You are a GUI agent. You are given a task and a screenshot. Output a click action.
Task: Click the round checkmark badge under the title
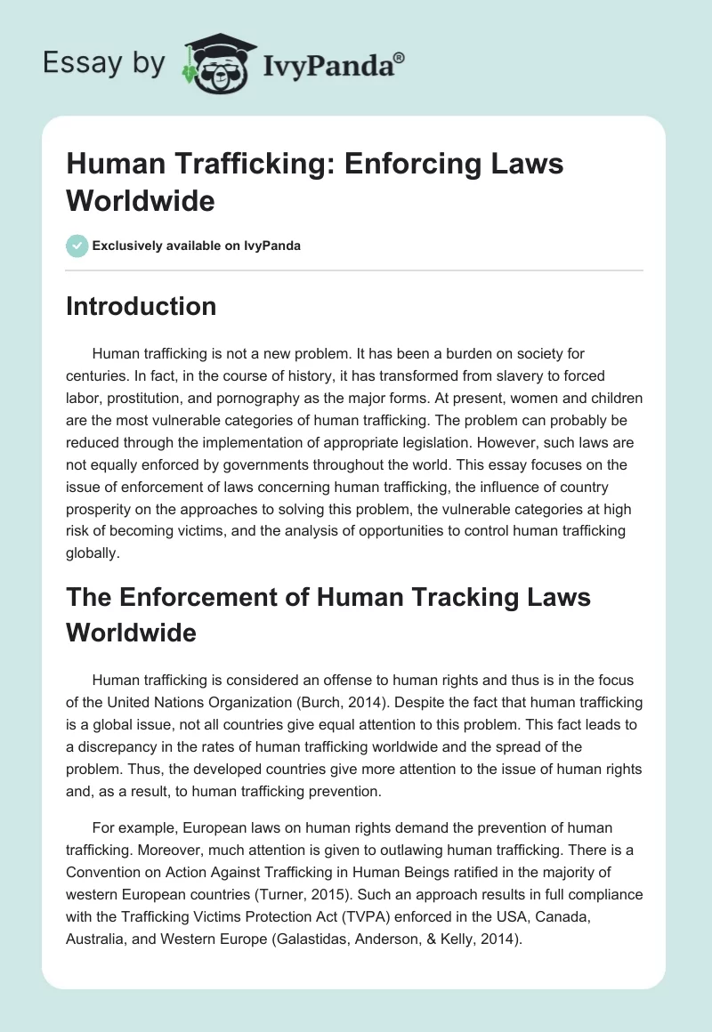tap(77, 246)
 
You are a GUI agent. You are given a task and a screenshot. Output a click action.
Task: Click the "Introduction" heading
tap(142, 306)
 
